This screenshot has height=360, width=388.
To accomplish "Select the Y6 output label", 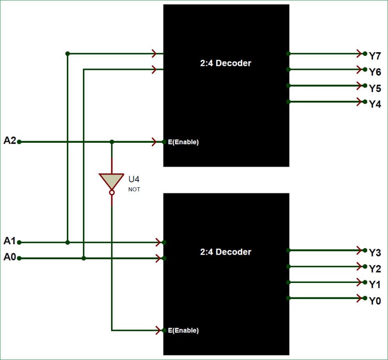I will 375,72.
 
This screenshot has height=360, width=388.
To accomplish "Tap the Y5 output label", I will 375,88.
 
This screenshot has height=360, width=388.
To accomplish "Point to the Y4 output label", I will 375,104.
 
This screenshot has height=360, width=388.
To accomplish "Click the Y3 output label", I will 375,252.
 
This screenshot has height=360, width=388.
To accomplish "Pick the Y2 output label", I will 375,268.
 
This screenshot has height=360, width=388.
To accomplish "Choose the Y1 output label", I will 375,284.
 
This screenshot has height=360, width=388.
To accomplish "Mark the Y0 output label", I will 375,301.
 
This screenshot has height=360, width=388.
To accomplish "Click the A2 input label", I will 10,140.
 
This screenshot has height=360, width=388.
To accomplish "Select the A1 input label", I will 10,241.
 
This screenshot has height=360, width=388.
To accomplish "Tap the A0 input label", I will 10,257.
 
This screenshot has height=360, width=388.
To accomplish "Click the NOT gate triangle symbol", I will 111,181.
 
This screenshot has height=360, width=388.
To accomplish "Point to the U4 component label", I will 134,179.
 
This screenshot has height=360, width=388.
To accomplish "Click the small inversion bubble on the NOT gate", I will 111,193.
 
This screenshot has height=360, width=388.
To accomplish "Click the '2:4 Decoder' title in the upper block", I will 226,63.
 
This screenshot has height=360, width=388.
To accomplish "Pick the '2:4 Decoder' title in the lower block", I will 226,252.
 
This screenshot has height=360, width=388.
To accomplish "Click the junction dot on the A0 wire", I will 83,258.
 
